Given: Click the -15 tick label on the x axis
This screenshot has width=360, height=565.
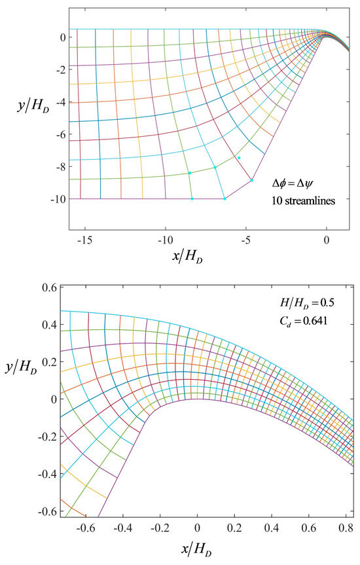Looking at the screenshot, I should coord(84,240).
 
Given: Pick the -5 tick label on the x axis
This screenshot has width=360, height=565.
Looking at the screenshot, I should coord(246,240).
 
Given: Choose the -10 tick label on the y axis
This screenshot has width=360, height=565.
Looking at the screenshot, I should coord(54,198).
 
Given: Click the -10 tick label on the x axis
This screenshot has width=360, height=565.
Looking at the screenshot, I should coord(164,240).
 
